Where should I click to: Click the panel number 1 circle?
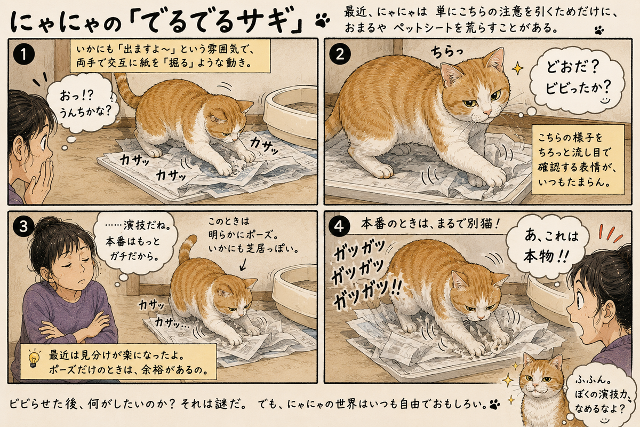[24, 54]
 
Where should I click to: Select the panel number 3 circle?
[23, 227]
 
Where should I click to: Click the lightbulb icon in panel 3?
[34, 359]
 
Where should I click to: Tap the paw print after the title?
[323, 21]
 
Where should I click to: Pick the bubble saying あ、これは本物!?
[546, 246]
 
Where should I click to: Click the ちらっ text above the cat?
[446, 52]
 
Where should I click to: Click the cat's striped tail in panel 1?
[126, 90]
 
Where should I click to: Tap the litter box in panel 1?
[290, 117]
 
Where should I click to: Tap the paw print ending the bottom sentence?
[494, 404]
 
